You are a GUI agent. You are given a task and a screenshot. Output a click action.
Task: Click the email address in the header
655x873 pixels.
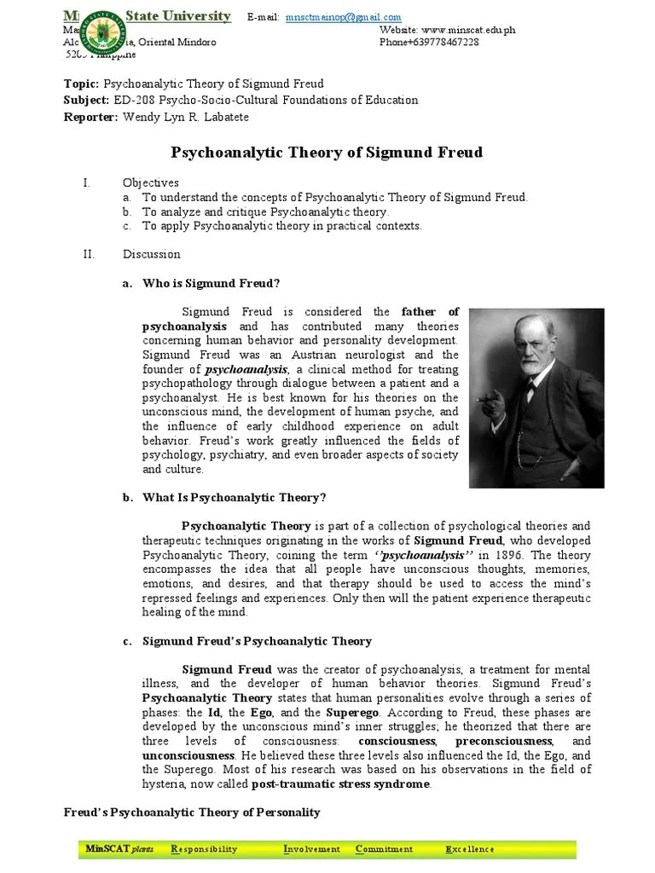pos(344,17)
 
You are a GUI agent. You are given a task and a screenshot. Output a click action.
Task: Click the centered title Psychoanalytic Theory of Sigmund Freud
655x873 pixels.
pos(327,153)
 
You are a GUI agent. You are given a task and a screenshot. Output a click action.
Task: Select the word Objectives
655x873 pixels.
pos(150,182)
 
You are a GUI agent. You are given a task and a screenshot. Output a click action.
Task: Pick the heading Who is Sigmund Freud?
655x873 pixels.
pos(211,283)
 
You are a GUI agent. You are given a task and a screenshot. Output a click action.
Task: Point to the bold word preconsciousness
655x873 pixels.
pos(490,742)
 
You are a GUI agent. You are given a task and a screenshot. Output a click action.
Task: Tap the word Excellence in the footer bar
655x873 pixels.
pos(469,849)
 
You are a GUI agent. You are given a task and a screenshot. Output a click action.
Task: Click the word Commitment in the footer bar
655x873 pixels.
pos(384,849)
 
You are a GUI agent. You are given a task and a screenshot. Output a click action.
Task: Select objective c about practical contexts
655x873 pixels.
pos(281,226)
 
